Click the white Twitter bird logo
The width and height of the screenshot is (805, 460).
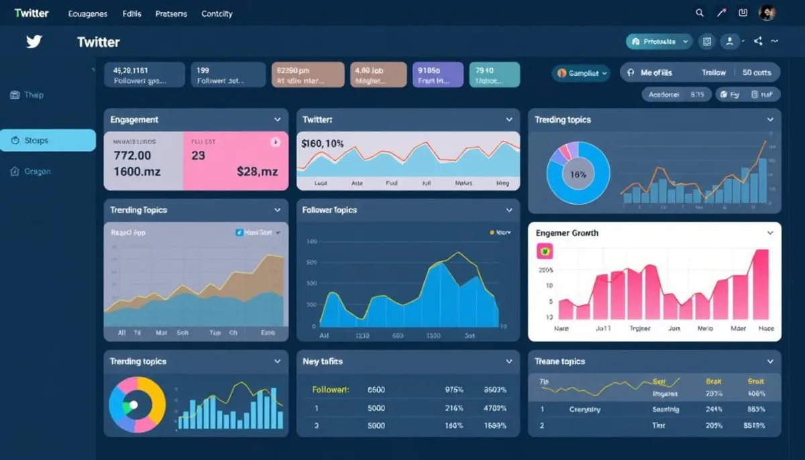34,42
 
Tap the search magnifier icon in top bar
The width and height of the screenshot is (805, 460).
700,13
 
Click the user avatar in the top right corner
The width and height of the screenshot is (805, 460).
767,13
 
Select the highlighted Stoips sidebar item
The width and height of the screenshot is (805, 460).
48,140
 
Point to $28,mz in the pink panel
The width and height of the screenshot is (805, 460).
257,172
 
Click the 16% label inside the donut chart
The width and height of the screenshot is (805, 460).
578,174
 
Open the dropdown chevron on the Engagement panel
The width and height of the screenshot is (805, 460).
277,119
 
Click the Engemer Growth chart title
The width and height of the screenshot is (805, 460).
567,233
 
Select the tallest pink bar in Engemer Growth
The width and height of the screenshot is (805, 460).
761,284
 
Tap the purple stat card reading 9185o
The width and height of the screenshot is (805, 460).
438,74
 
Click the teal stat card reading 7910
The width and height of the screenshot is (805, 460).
494,74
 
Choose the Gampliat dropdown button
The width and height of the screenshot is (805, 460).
581,73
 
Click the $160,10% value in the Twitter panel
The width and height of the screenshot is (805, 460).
323,143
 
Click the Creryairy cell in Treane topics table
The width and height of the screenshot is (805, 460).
584,409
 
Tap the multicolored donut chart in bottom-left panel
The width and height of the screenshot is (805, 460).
137,405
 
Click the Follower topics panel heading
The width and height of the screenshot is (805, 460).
329,210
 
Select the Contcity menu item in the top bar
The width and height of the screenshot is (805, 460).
217,13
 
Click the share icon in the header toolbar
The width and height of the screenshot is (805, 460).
758,42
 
